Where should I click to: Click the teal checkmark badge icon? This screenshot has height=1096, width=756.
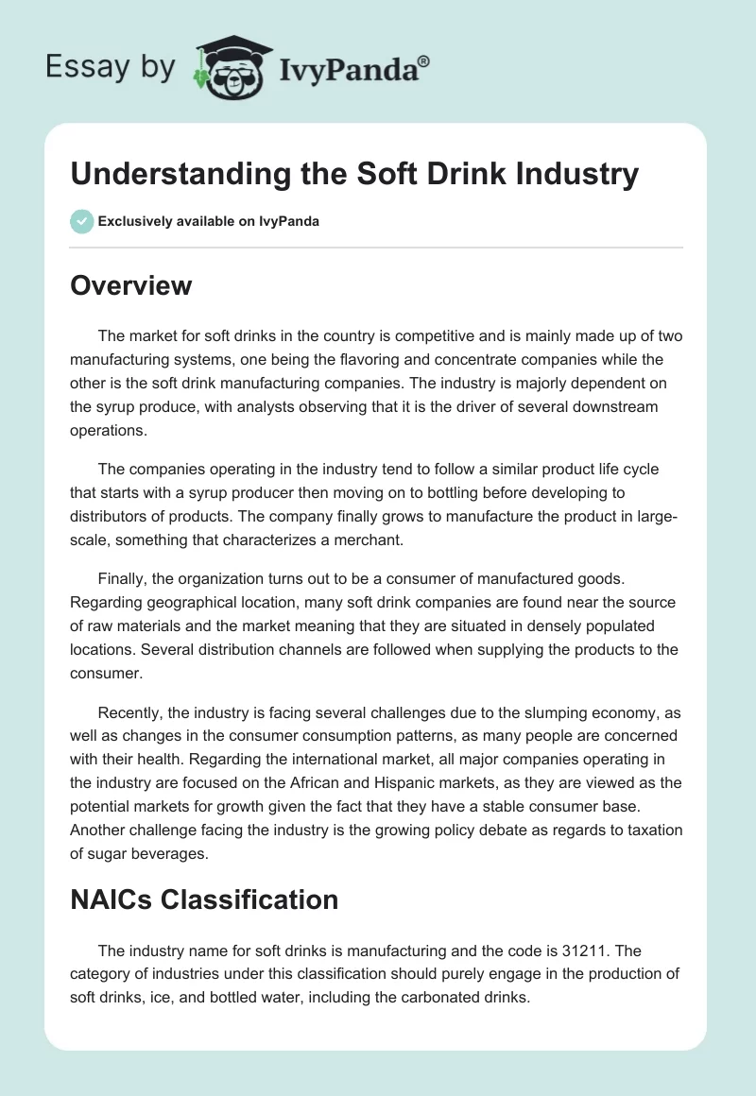click(x=81, y=221)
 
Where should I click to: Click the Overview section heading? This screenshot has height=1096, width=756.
click(x=130, y=284)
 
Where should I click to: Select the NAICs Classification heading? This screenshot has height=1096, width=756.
click(x=204, y=899)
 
